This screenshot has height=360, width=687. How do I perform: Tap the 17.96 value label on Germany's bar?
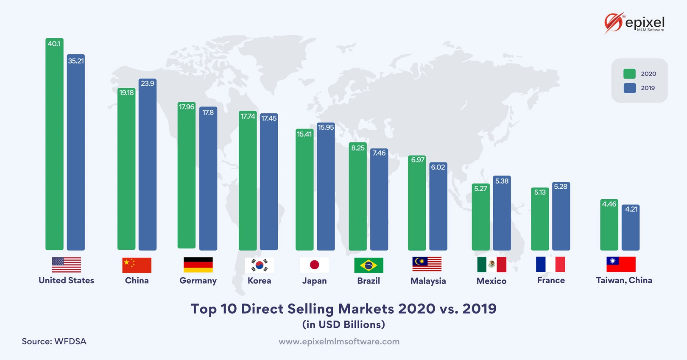(187, 107)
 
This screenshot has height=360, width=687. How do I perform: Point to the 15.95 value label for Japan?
(326, 127)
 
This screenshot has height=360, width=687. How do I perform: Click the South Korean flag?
(259, 265)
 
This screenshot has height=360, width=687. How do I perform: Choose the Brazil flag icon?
(369, 265)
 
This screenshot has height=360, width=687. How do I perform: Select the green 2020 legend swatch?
(629, 74)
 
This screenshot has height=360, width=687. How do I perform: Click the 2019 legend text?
(648, 88)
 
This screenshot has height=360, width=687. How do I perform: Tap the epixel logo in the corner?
(634, 23)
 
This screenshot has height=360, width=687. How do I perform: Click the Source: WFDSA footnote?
(54, 341)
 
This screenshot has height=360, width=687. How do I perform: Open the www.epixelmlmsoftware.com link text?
(339, 342)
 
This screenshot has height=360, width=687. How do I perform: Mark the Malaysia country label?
(428, 281)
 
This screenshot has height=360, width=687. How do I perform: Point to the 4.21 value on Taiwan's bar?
(631, 209)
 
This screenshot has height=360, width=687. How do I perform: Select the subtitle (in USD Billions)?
(343, 325)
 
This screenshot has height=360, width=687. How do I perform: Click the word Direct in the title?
(262, 309)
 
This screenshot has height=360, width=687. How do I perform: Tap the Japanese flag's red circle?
(314, 265)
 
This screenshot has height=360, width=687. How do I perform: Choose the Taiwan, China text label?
(624, 280)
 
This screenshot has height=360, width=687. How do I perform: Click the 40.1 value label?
(54, 44)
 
